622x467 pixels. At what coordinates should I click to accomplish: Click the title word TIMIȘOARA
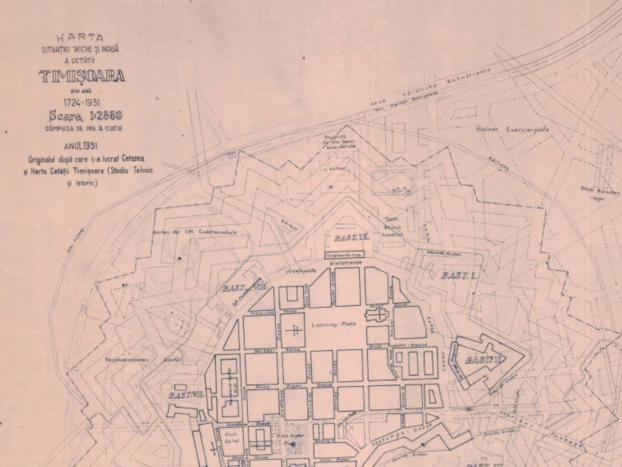pos(82,76)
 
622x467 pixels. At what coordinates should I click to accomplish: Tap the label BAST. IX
pos(344,237)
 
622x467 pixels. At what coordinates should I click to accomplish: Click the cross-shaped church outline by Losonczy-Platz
pos(377,315)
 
